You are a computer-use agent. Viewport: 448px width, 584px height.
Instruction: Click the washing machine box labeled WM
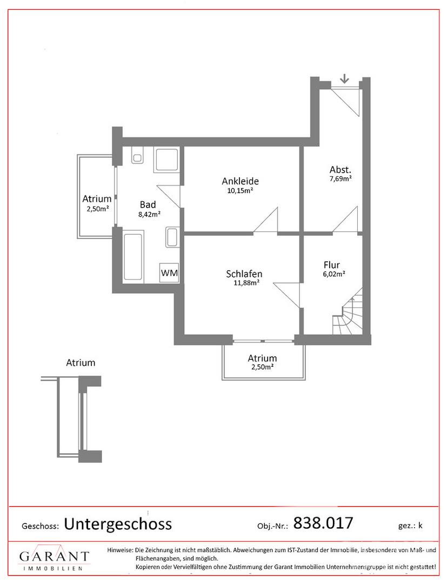[x=169, y=273]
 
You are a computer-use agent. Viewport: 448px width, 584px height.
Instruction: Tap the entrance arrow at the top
[x=345, y=78]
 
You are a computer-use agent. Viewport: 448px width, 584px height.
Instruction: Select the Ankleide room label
[x=240, y=181]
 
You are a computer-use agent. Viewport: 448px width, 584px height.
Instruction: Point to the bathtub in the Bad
[x=133, y=257]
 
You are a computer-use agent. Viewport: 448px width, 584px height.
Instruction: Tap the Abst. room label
[x=340, y=170]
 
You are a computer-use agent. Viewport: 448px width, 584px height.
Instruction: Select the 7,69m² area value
[x=340, y=178]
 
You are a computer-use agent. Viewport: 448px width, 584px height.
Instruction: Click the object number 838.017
[x=323, y=523]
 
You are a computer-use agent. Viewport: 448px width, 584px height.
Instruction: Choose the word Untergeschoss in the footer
[x=118, y=524]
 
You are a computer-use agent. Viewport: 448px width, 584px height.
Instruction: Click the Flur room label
[x=331, y=265]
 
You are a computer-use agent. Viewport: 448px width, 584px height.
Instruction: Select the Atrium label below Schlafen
[x=262, y=359]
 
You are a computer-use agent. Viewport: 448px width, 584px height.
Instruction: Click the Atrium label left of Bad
[x=97, y=199]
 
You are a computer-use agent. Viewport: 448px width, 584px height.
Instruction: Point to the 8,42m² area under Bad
[x=149, y=214]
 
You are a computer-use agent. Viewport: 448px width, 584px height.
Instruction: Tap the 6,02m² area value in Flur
[x=334, y=274]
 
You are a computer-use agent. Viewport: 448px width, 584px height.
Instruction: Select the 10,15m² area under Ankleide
[x=240, y=191]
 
